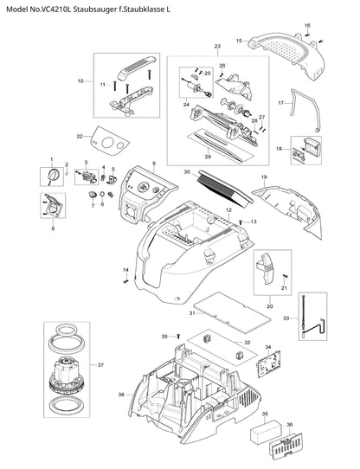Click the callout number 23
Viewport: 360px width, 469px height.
point(217,47)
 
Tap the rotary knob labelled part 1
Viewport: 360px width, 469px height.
point(54,175)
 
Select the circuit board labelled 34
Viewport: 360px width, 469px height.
point(268,363)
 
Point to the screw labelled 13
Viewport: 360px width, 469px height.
point(241,222)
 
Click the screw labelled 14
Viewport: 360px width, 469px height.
point(125,281)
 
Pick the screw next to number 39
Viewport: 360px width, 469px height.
point(178,337)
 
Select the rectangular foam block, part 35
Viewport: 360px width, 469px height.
point(266,432)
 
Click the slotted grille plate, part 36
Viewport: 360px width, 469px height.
point(286,445)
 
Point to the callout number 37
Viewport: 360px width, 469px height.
point(101,365)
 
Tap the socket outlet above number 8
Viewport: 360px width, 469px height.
point(53,205)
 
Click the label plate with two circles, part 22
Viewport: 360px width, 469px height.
point(111,141)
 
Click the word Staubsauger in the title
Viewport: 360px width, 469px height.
point(93,10)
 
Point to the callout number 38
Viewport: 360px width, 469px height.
point(121,395)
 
